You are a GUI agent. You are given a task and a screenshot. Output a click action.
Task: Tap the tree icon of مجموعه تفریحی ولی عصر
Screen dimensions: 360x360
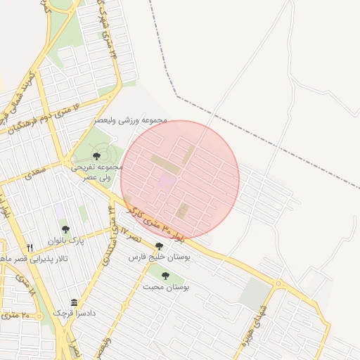point(96,156)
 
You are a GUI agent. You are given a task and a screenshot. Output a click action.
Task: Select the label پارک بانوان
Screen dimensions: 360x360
point(66,240)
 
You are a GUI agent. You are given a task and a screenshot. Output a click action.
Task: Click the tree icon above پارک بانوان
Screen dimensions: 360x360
point(66,229)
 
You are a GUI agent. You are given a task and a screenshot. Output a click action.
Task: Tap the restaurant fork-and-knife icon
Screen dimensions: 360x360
point(30,247)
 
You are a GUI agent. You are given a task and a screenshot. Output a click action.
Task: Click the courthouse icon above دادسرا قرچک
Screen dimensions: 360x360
point(74,302)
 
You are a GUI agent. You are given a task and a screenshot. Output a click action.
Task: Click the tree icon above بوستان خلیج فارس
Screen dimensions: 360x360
point(159,247)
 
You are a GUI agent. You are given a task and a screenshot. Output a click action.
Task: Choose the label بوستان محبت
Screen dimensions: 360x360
point(167,287)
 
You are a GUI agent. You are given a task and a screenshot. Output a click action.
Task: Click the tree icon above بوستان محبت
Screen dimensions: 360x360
point(166,276)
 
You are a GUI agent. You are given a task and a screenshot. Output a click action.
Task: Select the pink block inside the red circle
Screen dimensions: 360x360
point(167,181)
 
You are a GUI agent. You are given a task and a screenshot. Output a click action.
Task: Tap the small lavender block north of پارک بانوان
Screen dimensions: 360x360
point(60,210)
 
